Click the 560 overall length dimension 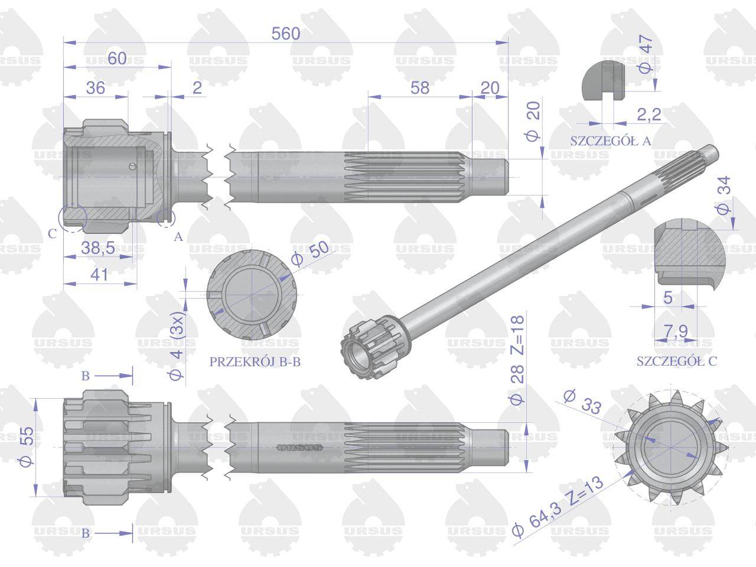tap(285, 34)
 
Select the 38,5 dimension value tap(98, 247)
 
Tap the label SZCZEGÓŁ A tap(611, 141)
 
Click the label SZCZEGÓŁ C tap(677, 361)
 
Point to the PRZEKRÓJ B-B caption tap(255, 362)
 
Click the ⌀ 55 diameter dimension tap(27, 447)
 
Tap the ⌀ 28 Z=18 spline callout tap(517, 360)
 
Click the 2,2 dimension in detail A tap(649, 115)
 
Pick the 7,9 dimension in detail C tap(676, 331)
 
